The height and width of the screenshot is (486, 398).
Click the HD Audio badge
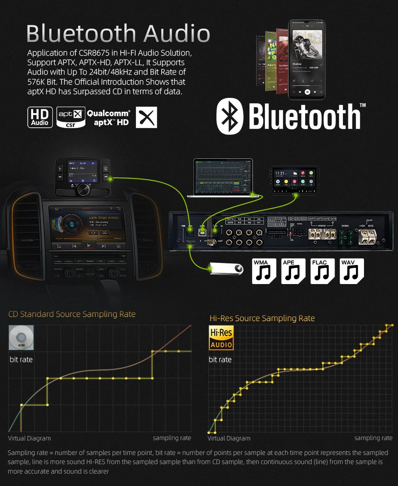pos(40,117)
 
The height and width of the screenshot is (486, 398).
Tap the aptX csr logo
pos(71,117)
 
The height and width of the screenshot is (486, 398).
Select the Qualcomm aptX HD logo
pos(109,117)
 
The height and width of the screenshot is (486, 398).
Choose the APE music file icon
pos(294,271)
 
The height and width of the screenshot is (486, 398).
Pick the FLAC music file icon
pos(323,271)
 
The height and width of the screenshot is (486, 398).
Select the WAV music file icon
pos(352,271)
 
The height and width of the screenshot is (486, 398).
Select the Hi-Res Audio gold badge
pos(221,338)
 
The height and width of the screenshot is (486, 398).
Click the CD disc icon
pos(21,338)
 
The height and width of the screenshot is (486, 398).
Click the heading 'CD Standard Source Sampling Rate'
pos(72,314)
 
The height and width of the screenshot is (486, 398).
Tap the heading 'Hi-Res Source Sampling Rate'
pos(262,318)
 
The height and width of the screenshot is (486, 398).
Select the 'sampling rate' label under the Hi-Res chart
pos(373,438)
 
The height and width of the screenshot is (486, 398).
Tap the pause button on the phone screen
pos(307,92)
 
